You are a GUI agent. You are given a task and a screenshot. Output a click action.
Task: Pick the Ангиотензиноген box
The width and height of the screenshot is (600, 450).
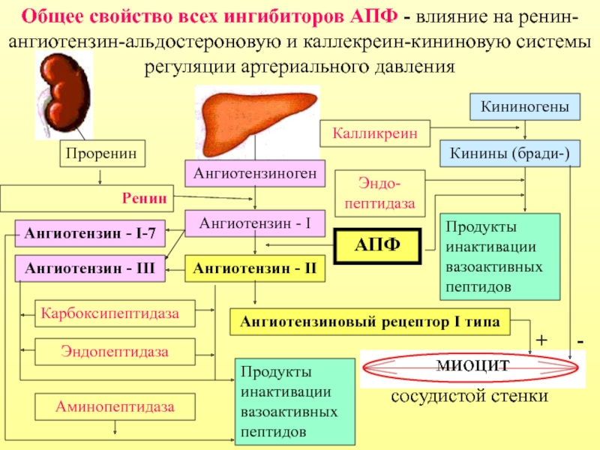(255, 174)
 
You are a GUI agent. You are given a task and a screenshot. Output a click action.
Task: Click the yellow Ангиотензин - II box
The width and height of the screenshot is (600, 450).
(255, 268)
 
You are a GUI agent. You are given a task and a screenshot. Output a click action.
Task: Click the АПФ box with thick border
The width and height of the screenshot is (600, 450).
(378, 245)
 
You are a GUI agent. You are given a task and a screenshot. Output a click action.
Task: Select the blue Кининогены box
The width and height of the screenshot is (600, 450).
(525, 107)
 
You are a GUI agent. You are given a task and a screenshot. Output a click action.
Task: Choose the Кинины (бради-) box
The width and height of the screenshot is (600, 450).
(509, 154)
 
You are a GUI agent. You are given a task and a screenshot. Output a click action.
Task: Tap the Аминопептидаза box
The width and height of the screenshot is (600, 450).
(115, 407)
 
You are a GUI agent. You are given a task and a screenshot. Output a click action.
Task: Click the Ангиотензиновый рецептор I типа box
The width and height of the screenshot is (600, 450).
(370, 322)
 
